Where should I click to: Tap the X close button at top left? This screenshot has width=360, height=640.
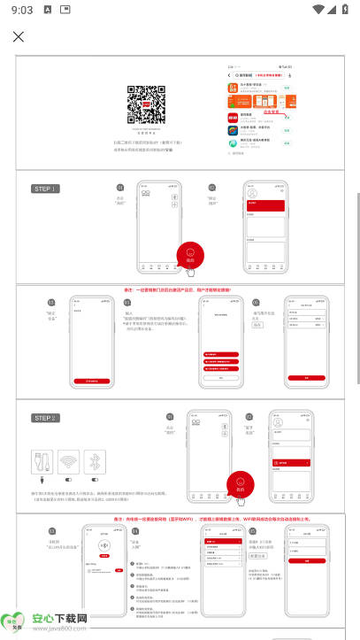pos(19,36)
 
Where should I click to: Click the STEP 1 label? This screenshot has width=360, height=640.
pos(46,189)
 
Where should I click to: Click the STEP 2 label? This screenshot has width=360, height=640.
pos(46,418)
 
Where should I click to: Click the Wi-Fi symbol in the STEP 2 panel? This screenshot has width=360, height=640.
pos(69,462)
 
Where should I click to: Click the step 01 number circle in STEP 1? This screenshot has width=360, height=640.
pos(120,189)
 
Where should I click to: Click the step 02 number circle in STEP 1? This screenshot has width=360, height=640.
pos(212,188)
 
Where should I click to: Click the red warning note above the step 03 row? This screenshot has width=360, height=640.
pos(189,289)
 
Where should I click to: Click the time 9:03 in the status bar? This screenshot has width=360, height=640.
pos(23,9)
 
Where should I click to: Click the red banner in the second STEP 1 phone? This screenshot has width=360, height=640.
pos(263,205)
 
